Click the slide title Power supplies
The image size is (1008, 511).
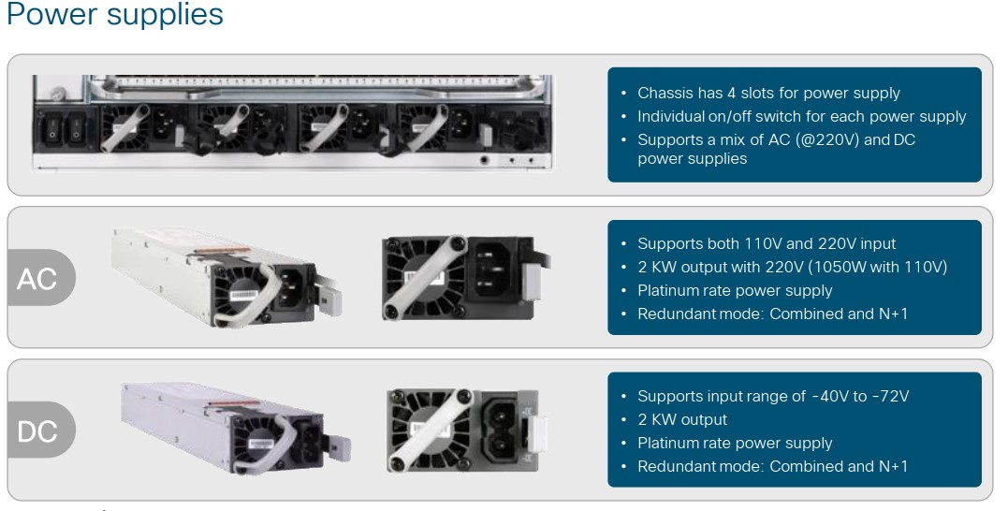click(114, 13)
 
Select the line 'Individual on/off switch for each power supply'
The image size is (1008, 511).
click(802, 116)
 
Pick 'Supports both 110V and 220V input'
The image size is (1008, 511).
click(767, 243)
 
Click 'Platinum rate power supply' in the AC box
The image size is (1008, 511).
click(735, 290)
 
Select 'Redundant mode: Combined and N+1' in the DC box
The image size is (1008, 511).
click(772, 466)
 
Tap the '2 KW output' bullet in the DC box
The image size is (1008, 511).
click(682, 419)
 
